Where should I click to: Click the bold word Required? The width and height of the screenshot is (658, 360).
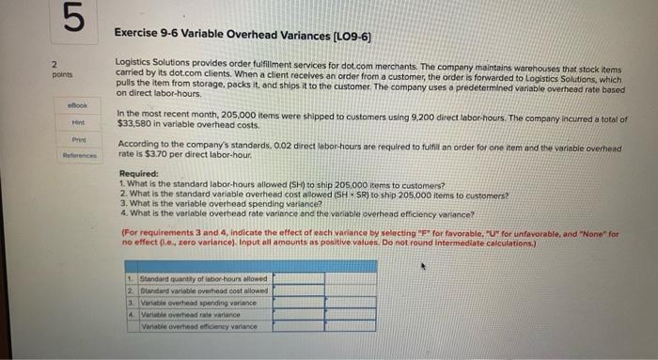tap(138, 174)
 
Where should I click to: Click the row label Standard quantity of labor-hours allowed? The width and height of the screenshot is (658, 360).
tap(202, 278)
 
